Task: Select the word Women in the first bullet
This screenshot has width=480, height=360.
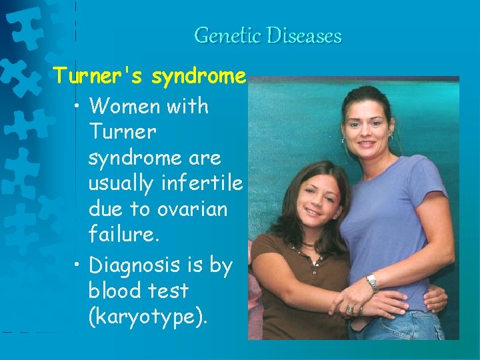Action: coord(129,106)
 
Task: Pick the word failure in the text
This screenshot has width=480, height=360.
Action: coord(121,235)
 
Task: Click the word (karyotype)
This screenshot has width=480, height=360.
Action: coord(148,317)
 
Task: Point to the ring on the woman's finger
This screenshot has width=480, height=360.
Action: coord(349,309)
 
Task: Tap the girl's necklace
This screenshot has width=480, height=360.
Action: coord(308,244)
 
